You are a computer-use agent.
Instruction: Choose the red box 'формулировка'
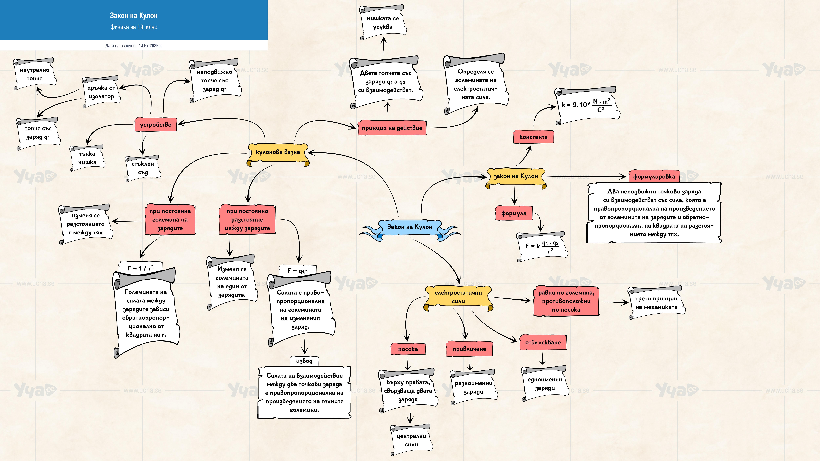[654, 177]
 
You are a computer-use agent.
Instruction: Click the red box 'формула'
[514, 213]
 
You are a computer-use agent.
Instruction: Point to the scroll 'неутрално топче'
[34, 74]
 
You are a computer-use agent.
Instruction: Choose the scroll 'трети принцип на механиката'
[656, 303]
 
